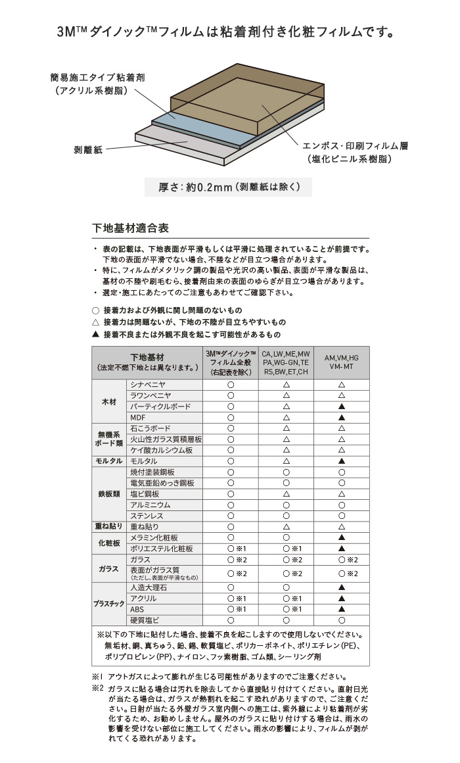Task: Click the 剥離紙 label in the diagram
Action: tap(88, 150)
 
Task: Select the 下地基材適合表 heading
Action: tap(131, 228)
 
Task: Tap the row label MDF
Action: tap(139, 418)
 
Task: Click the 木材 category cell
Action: tap(108, 401)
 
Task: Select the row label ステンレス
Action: tap(147, 516)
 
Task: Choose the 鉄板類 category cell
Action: tap(108, 493)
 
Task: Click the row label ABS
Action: tap(137, 609)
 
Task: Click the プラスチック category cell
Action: tap(108, 604)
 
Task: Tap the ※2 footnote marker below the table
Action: tap(98, 687)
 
